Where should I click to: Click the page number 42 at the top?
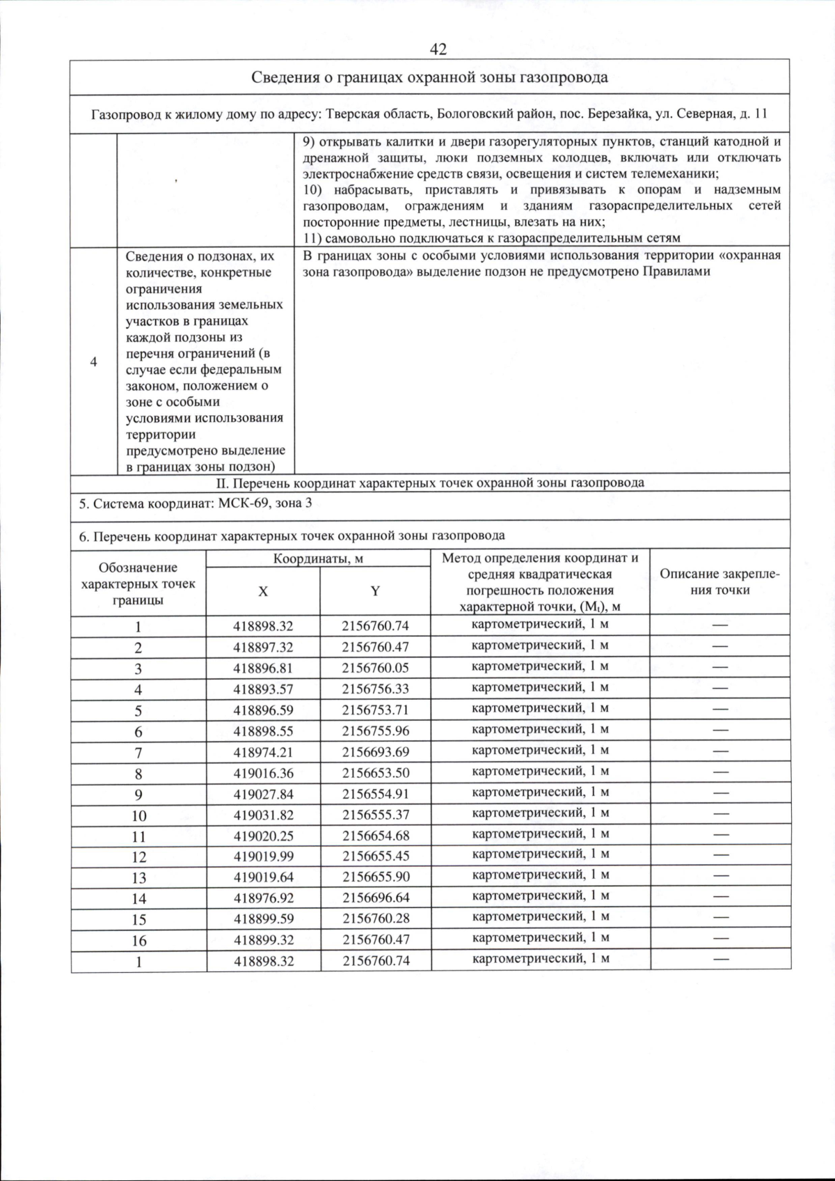click(438, 49)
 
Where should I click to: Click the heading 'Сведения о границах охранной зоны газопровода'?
click(429, 77)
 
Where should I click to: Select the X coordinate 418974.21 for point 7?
click(263, 751)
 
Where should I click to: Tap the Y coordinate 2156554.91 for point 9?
click(375, 793)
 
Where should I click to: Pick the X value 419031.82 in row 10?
click(263, 814)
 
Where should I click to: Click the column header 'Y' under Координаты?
click(375, 591)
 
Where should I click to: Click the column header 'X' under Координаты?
click(263, 591)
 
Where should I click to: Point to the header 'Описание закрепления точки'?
click(719, 582)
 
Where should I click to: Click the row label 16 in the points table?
click(138, 941)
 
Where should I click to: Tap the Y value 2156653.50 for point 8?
click(375, 772)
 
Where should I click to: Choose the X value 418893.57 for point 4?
click(263, 689)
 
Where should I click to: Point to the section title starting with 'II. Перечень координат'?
click(429, 483)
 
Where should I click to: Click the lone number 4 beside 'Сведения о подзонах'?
click(93, 361)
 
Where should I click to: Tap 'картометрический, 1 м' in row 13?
click(540, 875)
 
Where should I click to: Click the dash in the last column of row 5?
click(719, 709)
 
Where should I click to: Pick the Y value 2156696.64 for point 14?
click(375, 898)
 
